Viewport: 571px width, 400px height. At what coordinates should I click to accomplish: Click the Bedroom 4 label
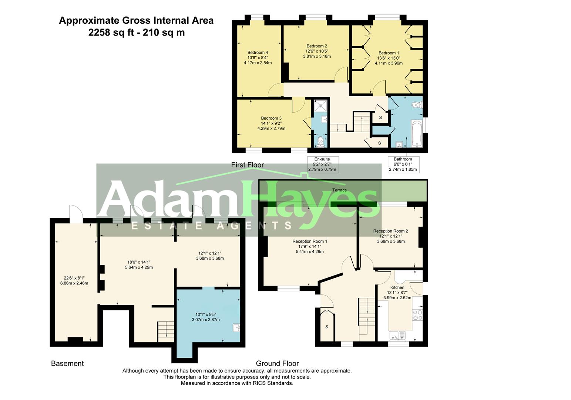pos(258,53)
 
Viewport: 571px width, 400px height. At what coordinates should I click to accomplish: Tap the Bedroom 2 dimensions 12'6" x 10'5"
pos(317,51)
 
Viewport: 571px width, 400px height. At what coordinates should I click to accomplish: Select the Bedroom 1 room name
pos(389,53)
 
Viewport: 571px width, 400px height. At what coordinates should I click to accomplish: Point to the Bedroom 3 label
pos(271,119)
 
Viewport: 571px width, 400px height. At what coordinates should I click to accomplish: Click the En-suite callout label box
pos(323,164)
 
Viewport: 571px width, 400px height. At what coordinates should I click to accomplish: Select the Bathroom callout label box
pos(403,164)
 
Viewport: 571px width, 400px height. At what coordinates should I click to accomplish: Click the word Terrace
pos(340,190)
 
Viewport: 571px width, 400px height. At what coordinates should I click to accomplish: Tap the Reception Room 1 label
pos(310,241)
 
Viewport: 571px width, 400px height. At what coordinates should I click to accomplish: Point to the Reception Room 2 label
pos(390,231)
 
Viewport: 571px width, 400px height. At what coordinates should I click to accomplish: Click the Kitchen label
pos(397,287)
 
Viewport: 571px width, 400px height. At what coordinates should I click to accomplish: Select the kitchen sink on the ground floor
pos(397,336)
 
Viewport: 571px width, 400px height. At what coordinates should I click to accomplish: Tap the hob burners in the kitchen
pos(417,315)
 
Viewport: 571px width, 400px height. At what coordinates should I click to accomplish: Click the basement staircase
pos(166,331)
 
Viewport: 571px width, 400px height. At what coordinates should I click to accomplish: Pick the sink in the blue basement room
pos(236,327)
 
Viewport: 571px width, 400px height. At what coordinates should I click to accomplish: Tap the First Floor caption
pos(248,165)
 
